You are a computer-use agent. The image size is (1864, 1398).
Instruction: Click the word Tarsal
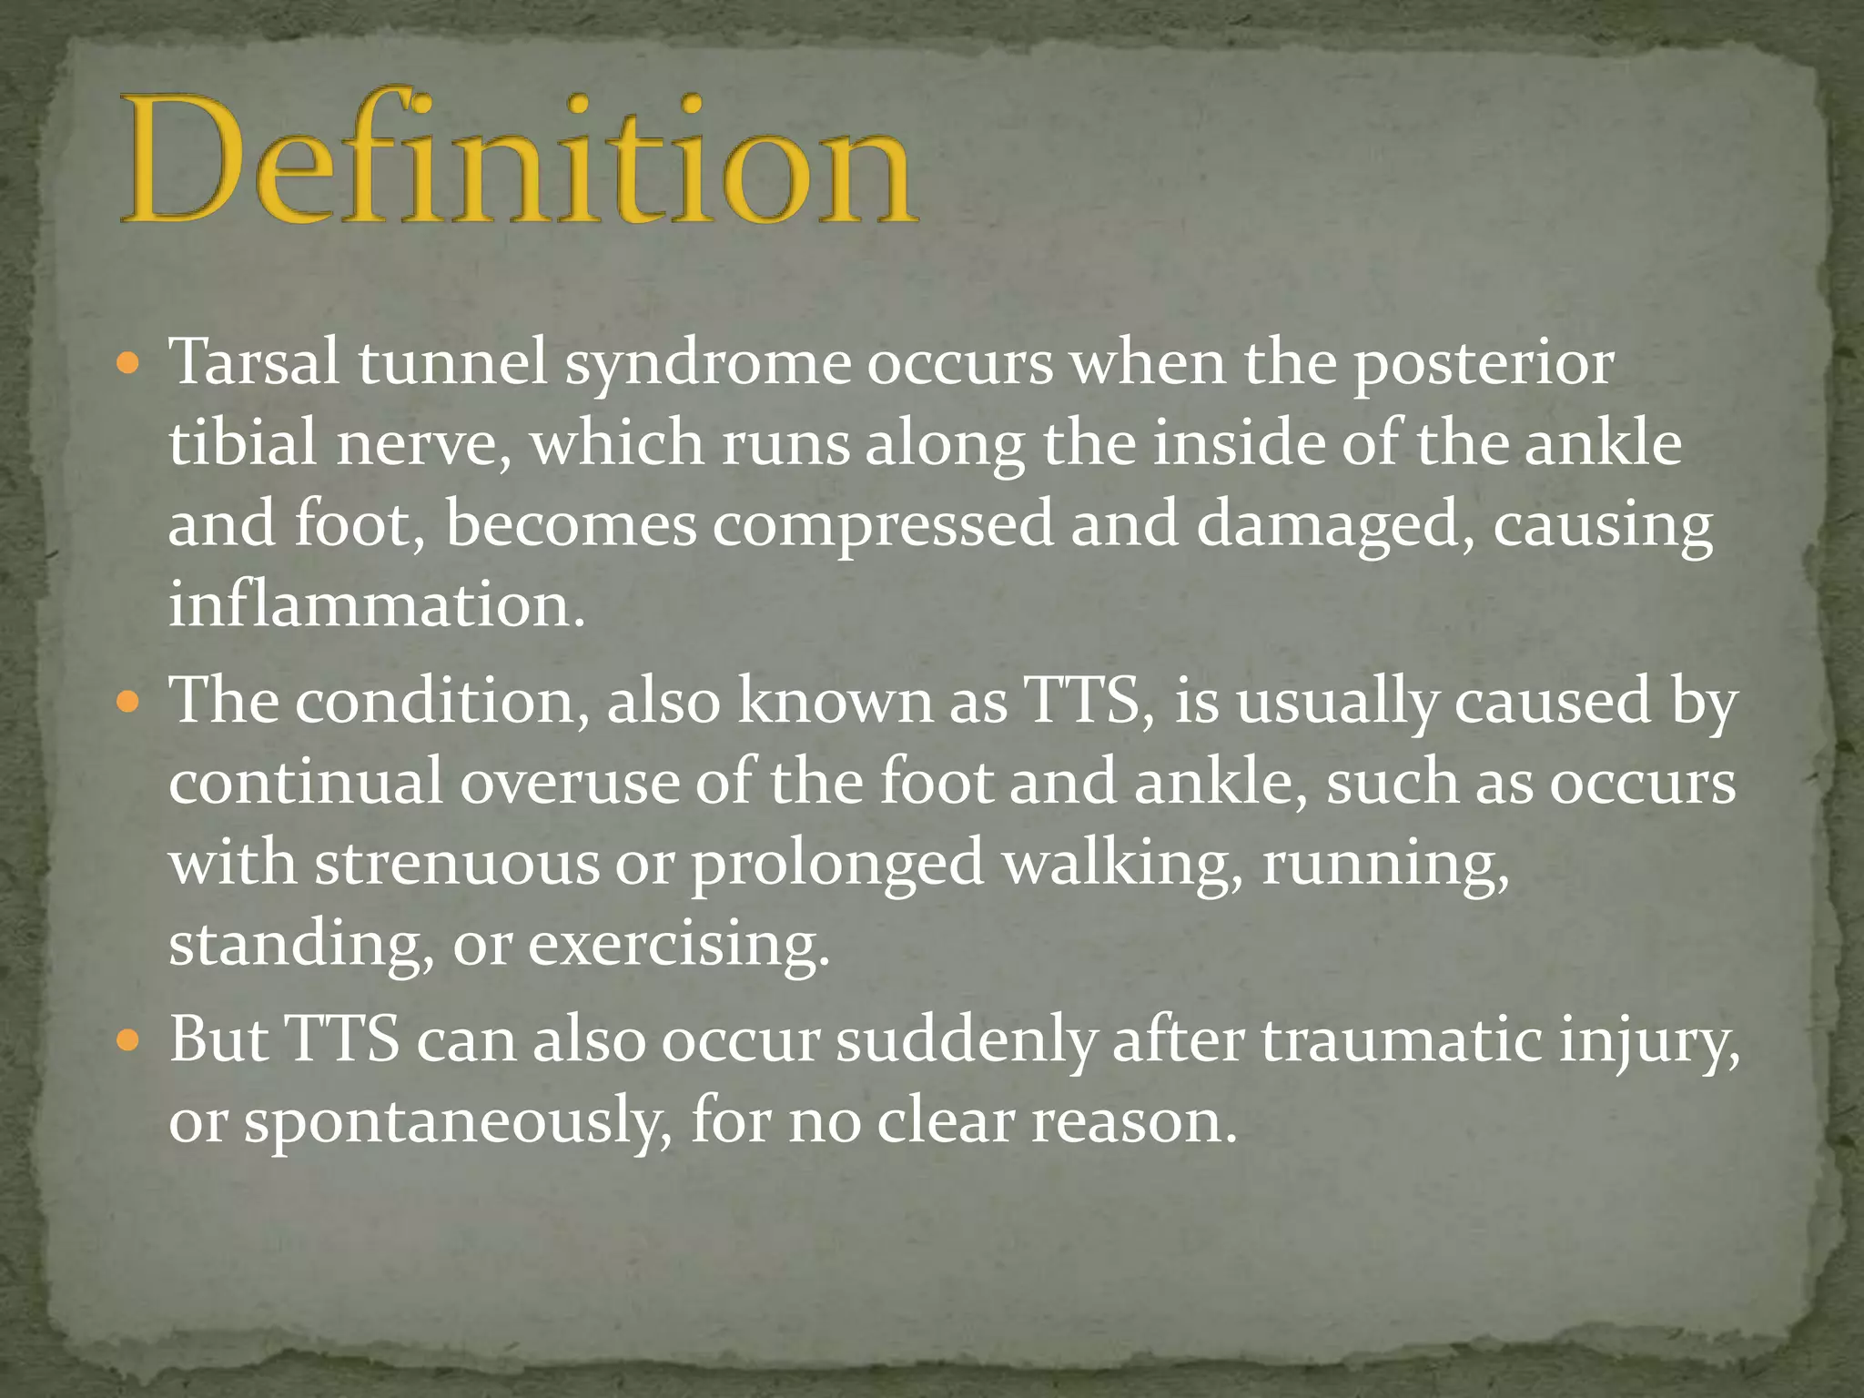pos(255,362)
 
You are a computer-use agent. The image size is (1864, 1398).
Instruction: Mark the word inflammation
pos(376,604)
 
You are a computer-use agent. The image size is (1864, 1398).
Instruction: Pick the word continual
pos(306,782)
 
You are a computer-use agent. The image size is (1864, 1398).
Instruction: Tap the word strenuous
pos(457,863)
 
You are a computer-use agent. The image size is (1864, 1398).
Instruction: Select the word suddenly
pos(966,1040)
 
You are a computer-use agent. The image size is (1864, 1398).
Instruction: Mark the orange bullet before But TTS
pos(128,1041)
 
